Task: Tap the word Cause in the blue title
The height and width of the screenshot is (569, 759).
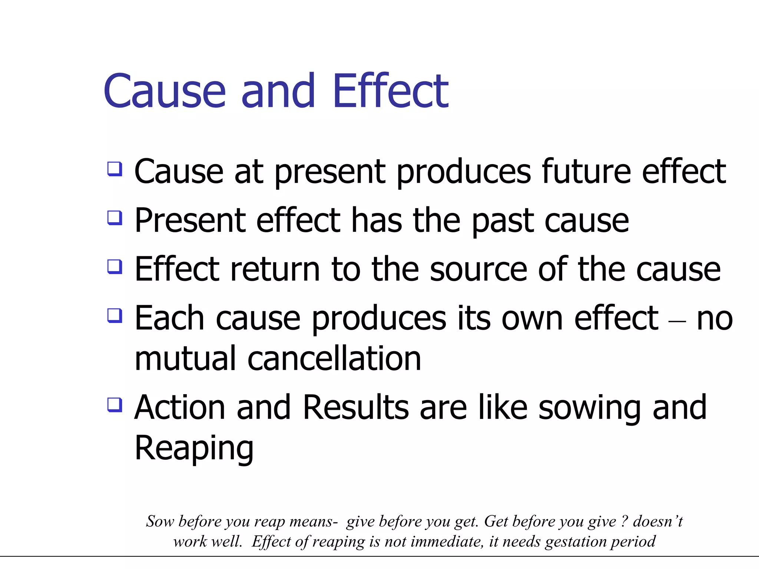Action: [x=165, y=91]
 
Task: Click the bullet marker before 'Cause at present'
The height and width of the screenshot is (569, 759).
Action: [x=115, y=169]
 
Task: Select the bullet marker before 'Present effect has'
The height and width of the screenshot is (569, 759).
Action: [x=115, y=218]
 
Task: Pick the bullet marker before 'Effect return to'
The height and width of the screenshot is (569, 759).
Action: [x=115, y=266]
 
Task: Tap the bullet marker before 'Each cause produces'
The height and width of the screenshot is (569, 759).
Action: [x=115, y=316]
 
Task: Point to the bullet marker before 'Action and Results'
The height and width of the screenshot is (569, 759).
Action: [x=115, y=405]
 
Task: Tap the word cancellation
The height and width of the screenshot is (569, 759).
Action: [x=334, y=359]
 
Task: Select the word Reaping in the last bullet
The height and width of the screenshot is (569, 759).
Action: [x=194, y=448]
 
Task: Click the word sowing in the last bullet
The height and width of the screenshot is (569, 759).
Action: [x=589, y=408]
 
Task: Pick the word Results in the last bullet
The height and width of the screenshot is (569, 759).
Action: [x=355, y=407]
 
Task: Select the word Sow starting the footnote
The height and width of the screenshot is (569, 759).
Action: [x=160, y=521]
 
